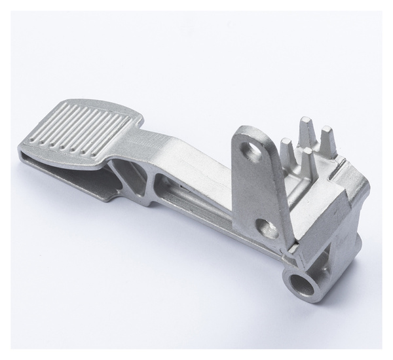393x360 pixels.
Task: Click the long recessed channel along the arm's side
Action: (x=196, y=196)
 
